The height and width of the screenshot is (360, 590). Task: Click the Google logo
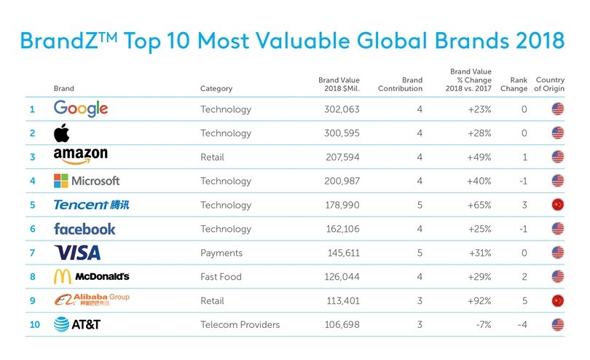pos(81,109)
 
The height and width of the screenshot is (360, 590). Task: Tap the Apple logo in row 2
pos(62,133)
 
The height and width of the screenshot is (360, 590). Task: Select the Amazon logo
pos(81,157)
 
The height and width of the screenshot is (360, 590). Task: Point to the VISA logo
pos(77,253)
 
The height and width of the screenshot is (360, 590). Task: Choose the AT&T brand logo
pos(77,324)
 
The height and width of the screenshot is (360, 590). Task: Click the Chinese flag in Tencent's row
pos(559,205)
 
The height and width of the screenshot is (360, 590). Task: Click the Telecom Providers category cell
pos(240,324)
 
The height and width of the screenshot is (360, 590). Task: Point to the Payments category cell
pos(221,253)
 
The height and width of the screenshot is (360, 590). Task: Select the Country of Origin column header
pos(550,85)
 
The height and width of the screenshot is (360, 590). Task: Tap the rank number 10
pos(35,324)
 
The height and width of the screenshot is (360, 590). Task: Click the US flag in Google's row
pos(559,109)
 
